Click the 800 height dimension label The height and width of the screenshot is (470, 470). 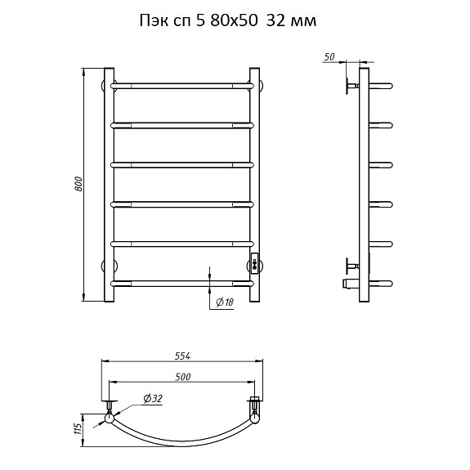(x=78, y=185)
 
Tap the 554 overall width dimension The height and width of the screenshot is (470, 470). (x=182, y=356)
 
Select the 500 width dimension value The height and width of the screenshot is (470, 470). (x=183, y=377)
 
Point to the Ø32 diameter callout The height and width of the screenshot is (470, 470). (x=153, y=398)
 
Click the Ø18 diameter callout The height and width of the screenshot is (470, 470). (x=225, y=302)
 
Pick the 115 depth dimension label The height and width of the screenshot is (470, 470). (x=78, y=430)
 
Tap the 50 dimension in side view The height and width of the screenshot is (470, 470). (x=329, y=56)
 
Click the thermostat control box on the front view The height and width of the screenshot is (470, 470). (x=255, y=263)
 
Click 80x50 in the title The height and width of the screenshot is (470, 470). (x=234, y=21)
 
